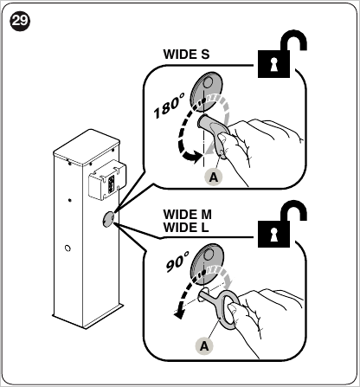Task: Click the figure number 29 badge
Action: (20, 21)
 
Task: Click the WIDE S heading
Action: (186, 55)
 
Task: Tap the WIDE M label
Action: (187, 215)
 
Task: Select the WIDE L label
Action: (186, 228)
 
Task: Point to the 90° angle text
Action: (177, 261)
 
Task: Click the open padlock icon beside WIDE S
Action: (282, 54)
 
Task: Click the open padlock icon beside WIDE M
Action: (282, 224)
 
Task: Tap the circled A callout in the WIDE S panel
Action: (213, 177)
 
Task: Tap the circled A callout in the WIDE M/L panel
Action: (204, 345)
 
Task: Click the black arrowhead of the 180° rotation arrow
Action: (193, 157)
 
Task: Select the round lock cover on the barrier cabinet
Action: (108, 219)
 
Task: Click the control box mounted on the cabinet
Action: (107, 179)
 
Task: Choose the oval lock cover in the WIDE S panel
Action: (206, 91)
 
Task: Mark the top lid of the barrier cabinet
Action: (87, 148)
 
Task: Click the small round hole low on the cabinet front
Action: (67, 248)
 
